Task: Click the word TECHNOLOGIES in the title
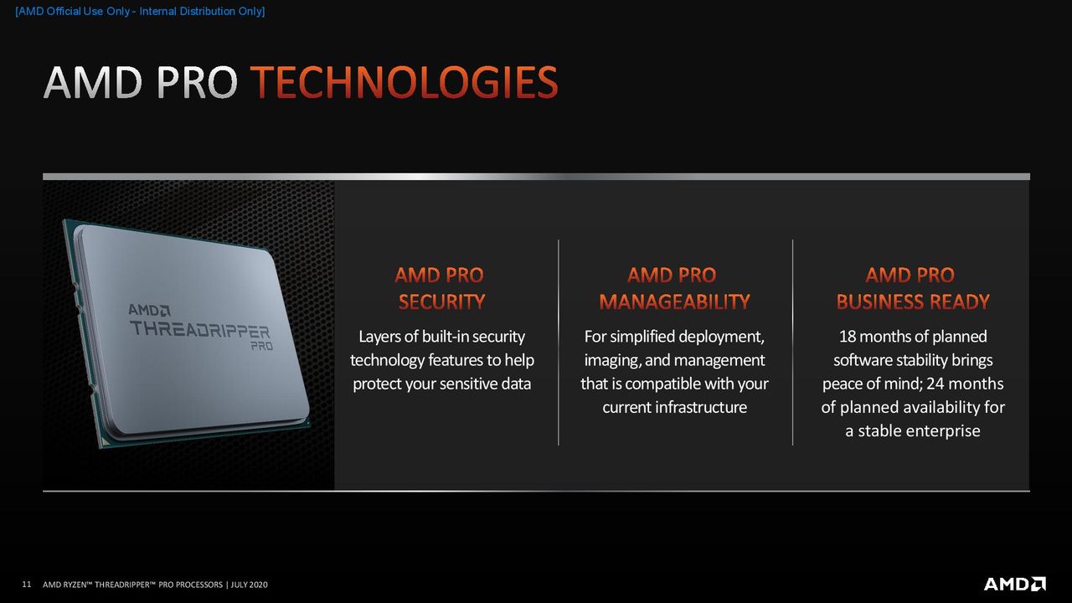pyautogui.click(x=405, y=82)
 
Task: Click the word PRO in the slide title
pyautogui.click(x=197, y=82)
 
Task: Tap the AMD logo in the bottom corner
pyautogui.click(x=1014, y=584)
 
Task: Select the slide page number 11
pyautogui.click(x=27, y=585)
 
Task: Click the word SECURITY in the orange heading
pyautogui.click(x=441, y=302)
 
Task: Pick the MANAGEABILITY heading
pyautogui.click(x=674, y=302)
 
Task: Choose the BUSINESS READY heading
pyautogui.click(x=913, y=302)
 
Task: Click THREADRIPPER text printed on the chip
pyautogui.click(x=200, y=329)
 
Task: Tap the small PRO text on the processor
pyautogui.click(x=262, y=346)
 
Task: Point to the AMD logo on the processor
pyautogui.click(x=149, y=310)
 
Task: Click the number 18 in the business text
pyautogui.click(x=847, y=337)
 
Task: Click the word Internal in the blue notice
pyautogui.click(x=157, y=11)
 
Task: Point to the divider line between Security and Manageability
pyautogui.click(x=559, y=343)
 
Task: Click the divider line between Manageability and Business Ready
pyautogui.click(x=792, y=343)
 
